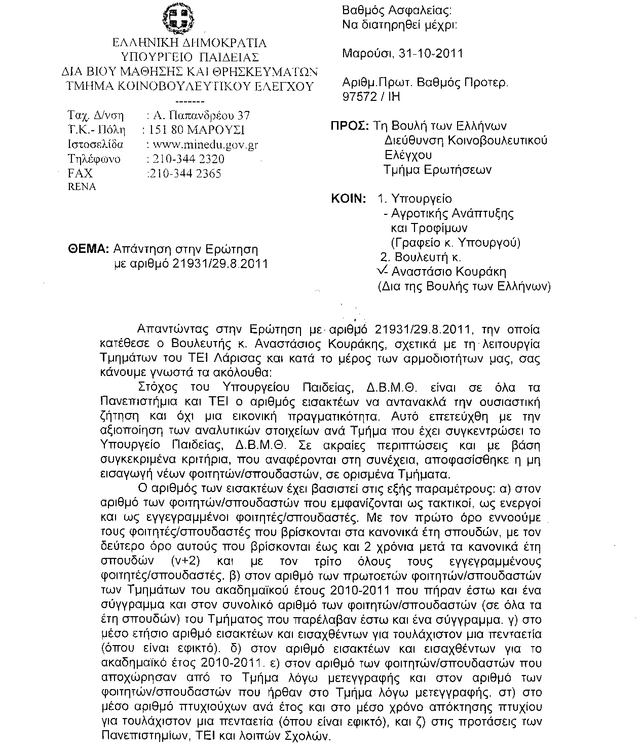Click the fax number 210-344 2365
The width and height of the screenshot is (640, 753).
[x=183, y=174]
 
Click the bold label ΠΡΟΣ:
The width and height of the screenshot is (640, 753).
[x=349, y=126]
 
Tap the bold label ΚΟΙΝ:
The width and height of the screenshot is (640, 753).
[x=349, y=199]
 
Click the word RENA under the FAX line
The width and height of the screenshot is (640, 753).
[x=82, y=186]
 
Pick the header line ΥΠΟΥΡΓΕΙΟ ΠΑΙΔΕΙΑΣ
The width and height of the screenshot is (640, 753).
[x=190, y=56]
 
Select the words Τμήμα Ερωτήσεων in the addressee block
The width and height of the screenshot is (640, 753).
[x=437, y=170]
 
